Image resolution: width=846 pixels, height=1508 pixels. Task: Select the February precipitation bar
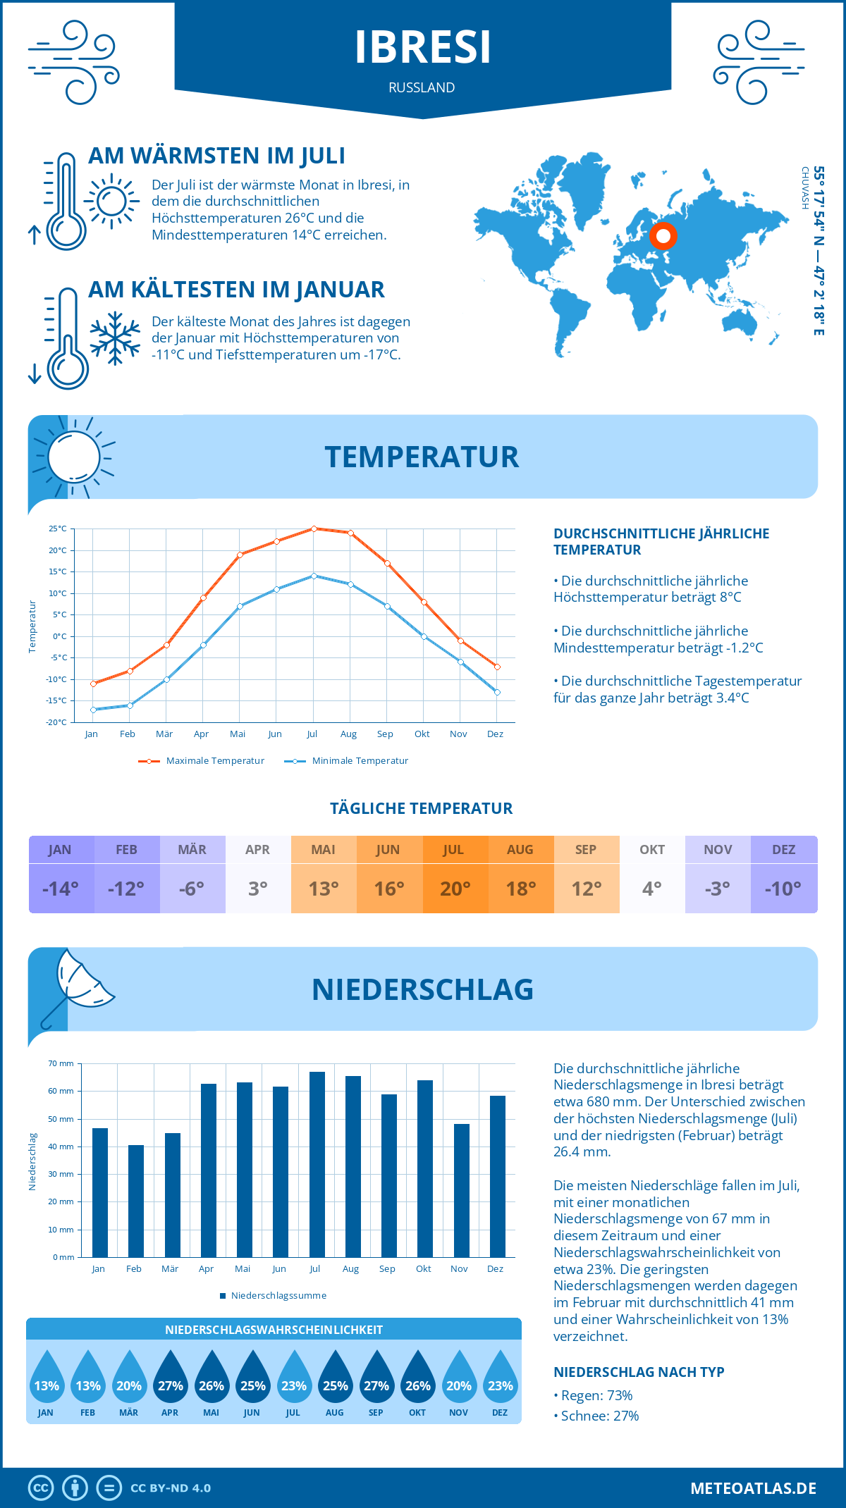click(x=135, y=1201)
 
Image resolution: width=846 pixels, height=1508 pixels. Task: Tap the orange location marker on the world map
click(x=663, y=236)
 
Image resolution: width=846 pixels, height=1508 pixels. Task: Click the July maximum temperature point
click(x=314, y=529)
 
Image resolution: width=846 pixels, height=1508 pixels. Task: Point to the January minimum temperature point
click(x=93, y=710)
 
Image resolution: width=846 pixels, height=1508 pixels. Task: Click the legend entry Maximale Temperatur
click(x=202, y=761)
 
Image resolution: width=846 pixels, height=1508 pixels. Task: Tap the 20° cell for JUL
click(x=455, y=889)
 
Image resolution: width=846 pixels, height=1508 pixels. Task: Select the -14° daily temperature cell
click(x=61, y=889)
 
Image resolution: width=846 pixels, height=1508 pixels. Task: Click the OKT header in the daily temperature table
click(x=652, y=850)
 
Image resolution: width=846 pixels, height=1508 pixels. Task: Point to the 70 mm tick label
click(x=61, y=1064)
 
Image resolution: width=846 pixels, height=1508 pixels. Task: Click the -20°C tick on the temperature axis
click(x=58, y=722)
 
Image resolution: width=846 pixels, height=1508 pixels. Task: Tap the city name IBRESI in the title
click(x=422, y=47)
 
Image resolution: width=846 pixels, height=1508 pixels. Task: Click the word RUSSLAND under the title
click(x=422, y=87)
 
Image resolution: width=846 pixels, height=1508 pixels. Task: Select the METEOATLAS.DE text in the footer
click(x=753, y=1488)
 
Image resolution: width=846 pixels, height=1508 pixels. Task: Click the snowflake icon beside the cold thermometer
click(x=115, y=338)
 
